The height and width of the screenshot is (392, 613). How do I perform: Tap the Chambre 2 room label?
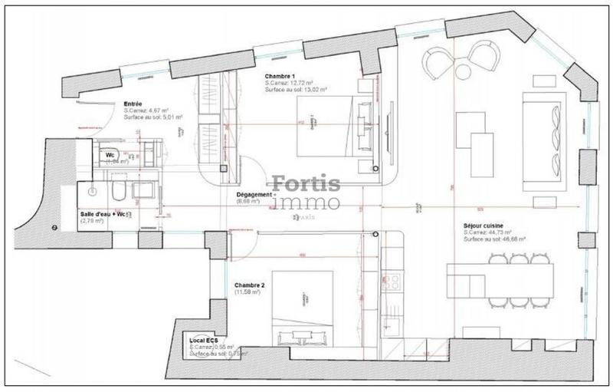[251, 285]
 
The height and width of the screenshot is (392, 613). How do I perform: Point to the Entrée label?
[133, 104]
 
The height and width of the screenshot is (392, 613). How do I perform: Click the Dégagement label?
[256, 195]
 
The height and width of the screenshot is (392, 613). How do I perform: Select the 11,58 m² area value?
[247, 292]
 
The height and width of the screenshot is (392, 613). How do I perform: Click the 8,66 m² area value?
[253, 203]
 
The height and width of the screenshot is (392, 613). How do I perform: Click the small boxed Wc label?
[110, 154]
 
